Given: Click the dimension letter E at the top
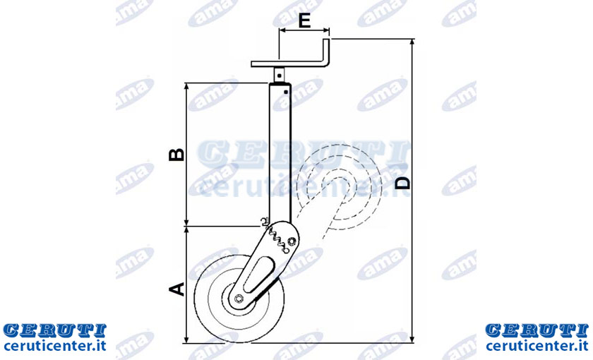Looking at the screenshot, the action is click(304, 20).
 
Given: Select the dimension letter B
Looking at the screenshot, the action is click(176, 155).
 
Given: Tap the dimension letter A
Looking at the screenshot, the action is click(176, 289).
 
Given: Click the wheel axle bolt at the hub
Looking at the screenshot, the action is click(239, 299).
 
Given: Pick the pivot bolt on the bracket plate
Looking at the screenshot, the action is click(292, 241).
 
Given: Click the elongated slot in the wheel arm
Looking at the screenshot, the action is click(259, 275).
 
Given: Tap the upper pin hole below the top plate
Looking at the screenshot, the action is click(279, 76).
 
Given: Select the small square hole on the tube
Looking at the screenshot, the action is click(286, 91).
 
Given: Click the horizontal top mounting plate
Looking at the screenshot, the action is click(288, 64).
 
